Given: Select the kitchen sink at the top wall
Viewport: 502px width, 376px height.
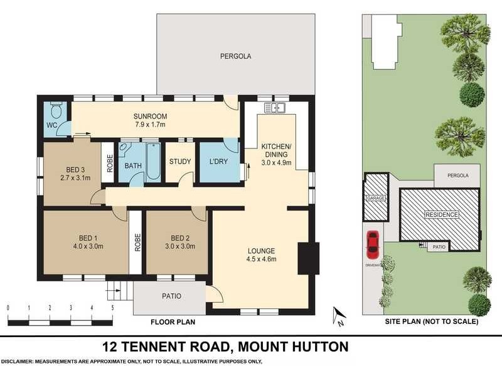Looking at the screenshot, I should pyautogui.click(x=275, y=108).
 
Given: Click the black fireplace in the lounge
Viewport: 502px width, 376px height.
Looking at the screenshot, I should pyautogui.click(x=304, y=258).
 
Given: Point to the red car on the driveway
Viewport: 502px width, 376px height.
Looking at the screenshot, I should pyautogui.click(x=372, y=244).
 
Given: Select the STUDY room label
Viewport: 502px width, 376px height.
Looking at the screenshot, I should pyautogui.click(x=179, y=162).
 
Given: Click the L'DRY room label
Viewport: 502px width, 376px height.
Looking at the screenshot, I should pyautogui.click(x=218, y=162).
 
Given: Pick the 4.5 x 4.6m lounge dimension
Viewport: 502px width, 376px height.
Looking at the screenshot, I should pyautogui.click(x=261, y=259).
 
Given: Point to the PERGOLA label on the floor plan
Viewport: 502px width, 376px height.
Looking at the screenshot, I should pyautogui.click(x=235, y=56).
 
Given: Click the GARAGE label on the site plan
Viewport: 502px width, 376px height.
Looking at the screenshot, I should pyautogui.click(x=376, y=197).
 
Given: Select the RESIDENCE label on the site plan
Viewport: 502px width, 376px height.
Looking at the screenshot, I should pyautogui.click(x=442, y=215).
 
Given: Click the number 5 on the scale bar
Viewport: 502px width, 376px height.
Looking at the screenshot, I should pyautogui.click(x=112, y=308).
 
